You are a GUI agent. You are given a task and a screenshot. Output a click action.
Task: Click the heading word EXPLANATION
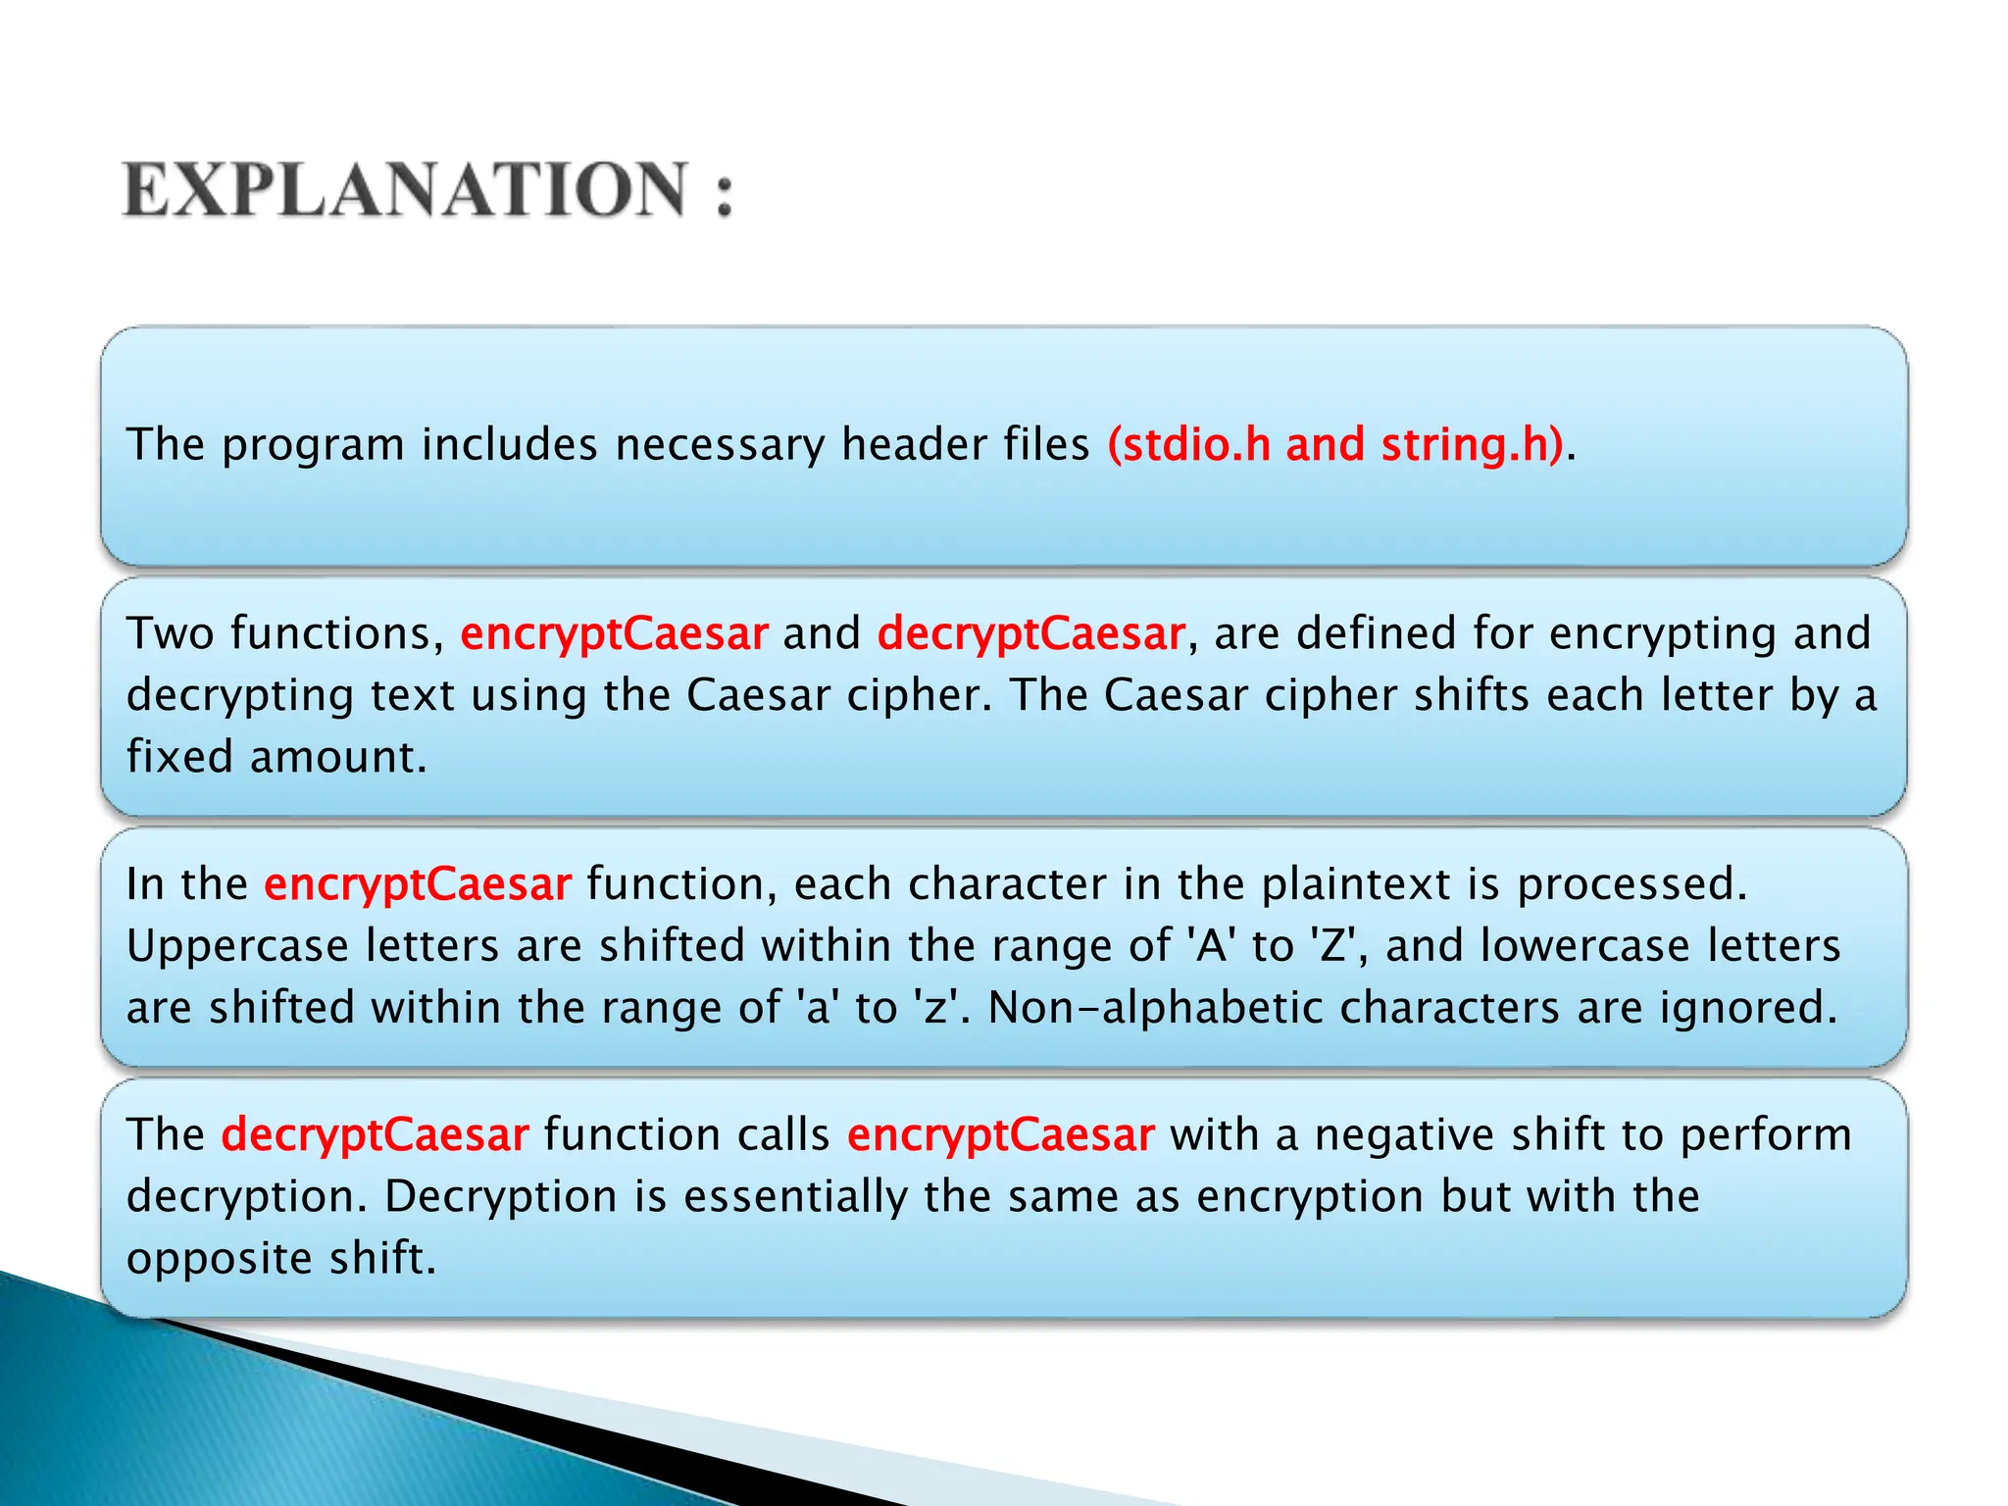pyautogui.click(x=405, y=190)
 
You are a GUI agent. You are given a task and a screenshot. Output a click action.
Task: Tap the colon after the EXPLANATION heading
pyautogui.click(x=724, y=192)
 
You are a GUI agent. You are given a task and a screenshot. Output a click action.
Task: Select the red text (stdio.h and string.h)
pyautogui.click(x=1334, y=444)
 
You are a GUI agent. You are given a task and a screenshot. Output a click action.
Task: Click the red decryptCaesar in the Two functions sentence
pyautogui.click(x=1030, y=633)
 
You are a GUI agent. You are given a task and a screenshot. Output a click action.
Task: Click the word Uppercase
pyautogui.click(x=237, y=946)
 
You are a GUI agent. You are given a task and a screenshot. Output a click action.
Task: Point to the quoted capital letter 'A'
pyautogui.click(x=1213, y=946)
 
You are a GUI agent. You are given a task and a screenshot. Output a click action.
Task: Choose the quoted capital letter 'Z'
pyautogui.click(x=1332, y=946)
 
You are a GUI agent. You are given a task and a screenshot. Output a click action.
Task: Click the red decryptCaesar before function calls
pyautogui.click(x=375, y=1134)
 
